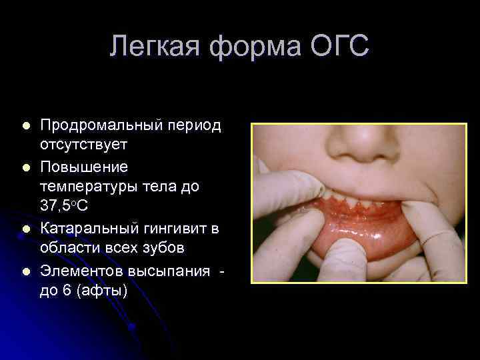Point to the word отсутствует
(83, 145)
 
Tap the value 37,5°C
(64, 207)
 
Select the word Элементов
(84, 269)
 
